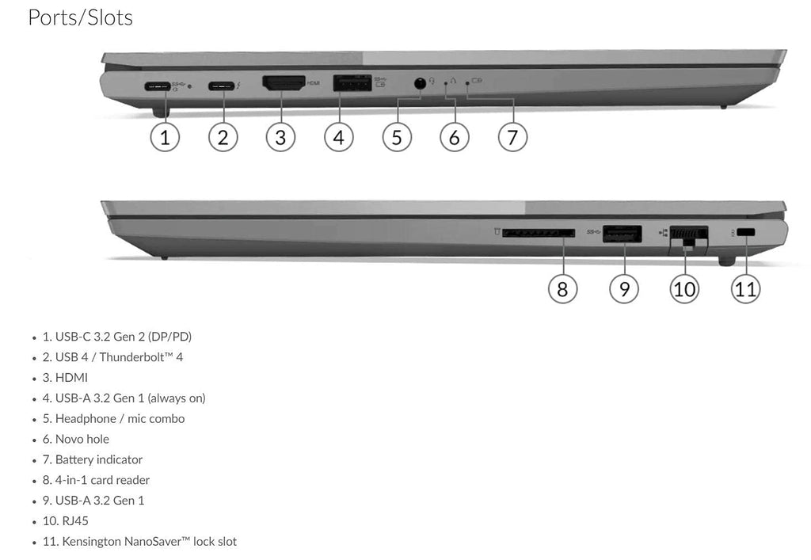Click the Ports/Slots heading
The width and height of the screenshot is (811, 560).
point(80,17)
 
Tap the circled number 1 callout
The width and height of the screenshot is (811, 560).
point(165,137)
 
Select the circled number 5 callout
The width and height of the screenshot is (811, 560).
point(397,137)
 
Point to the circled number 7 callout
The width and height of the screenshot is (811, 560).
point(512,137)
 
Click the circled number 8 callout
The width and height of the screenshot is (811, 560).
point(562,288)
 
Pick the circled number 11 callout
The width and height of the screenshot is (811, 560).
point(745,288)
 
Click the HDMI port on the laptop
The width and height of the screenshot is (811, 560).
point(284,82)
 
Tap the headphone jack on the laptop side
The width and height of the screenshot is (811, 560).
point(420,82)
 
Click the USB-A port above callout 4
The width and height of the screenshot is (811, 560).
point(352,83)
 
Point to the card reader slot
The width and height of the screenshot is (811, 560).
point(538,233)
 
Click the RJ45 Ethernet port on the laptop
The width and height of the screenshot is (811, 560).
point(687,234)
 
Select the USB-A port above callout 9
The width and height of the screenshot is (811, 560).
point(622,234)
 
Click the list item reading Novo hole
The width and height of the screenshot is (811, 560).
point(76,439)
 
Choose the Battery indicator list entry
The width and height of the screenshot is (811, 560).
point(93,459)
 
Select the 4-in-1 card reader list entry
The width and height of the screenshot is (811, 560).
point(96,480)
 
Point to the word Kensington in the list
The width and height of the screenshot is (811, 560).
point(88,542)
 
